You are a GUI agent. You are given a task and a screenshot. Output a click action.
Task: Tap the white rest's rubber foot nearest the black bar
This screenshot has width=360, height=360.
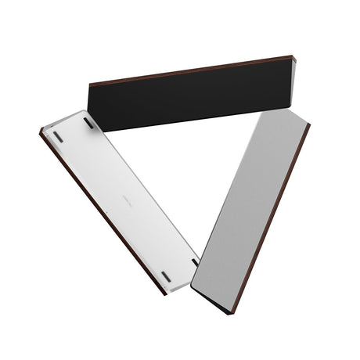pos(88,124)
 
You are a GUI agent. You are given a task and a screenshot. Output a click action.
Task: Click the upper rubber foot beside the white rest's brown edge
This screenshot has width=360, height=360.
pos(58,137)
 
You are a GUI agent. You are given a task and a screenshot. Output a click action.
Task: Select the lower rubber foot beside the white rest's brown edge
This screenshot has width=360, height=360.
pos(165,275)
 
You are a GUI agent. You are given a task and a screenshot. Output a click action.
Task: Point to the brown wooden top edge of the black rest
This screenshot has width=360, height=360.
pos(192,69)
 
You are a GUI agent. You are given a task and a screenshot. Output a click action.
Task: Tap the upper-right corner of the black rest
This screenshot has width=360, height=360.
pos(293,56)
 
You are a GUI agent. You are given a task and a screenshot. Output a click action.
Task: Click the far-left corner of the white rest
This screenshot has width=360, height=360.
pos(40,131)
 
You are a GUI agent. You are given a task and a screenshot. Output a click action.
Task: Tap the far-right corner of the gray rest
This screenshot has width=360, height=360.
pos(309,124)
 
